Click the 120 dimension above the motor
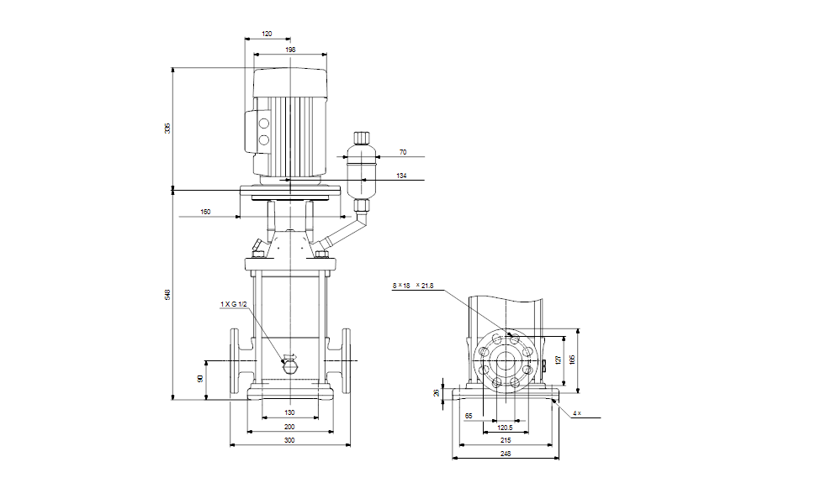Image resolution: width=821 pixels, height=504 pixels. pyautogui.click(x=267, y=34)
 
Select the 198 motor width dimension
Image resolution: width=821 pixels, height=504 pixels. pyautogui.click(x=290, y=50)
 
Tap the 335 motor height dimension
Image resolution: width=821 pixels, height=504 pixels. pyautogui.click(x=167, y=128)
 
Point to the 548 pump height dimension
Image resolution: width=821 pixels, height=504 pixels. pyautogui.click(x=167, y=295)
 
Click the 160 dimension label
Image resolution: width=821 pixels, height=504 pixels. pyautogui.click(x=205, y=212)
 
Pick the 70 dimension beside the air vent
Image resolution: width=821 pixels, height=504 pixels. pyautogui.click(x=403, y=152)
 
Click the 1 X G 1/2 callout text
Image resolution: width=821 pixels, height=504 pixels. pyautogui.click(x=233, y=303)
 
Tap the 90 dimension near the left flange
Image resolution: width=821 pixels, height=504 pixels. pyautogui.click(x=200, y=380)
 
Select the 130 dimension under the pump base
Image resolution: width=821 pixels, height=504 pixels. pyautogui.click(x=289, y=412)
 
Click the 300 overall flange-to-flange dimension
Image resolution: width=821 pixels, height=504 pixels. pyautogui.click(x=289, y=440)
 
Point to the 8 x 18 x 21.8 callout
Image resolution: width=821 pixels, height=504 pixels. pyautogui.click(x=413, y=286)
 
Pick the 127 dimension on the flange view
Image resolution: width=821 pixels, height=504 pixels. pyautogui.click(x=558, y=360)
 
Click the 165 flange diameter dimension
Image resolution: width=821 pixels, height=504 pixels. pyautogui.click(x=573, y=360)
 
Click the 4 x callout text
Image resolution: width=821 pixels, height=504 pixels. pyautogui.click(x=576, y=413)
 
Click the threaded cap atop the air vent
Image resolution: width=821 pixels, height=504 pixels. pyautogui.click(x=362, y=137)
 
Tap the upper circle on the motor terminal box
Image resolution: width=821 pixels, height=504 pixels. pyautogui.click(x=263, y=123)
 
